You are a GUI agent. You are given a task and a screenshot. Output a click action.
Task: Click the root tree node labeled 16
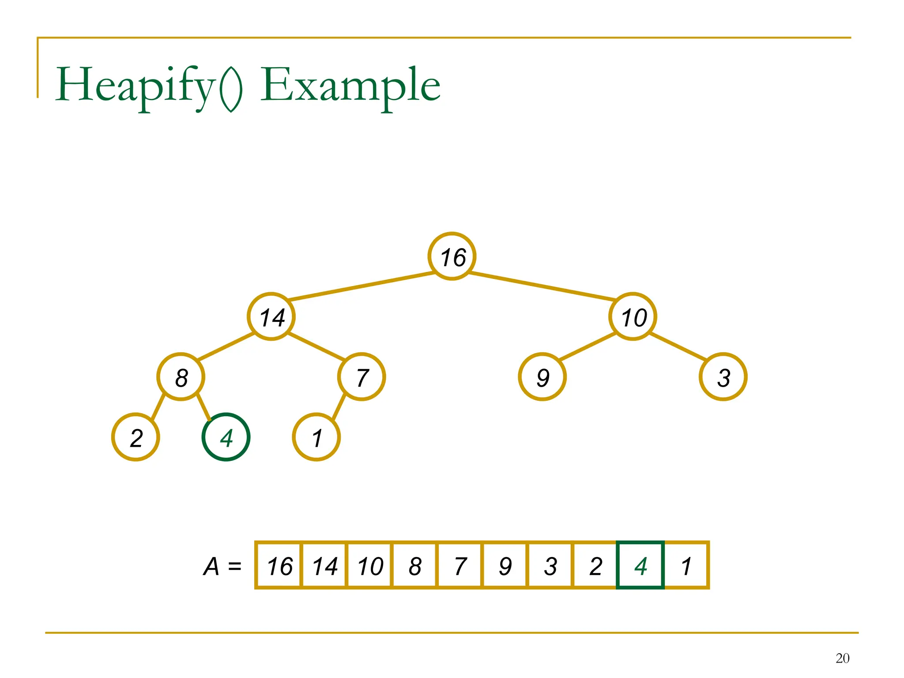(x=452, y=256)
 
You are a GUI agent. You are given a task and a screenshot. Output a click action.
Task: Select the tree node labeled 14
(x=271, y=316)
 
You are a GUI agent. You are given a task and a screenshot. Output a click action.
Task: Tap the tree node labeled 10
(x=633, y=316)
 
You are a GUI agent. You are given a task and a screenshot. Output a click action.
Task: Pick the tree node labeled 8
(x=181, y=377)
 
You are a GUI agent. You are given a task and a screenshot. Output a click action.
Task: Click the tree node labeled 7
(x=362, y=377)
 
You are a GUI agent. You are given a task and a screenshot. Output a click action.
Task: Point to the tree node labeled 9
(x=542, y=377)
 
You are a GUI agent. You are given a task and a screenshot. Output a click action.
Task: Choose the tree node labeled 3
(x=723, y=377)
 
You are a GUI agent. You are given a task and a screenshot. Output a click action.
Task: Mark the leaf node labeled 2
(x=136, y=437)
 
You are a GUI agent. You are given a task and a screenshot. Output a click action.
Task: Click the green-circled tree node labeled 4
(x=226, y=437)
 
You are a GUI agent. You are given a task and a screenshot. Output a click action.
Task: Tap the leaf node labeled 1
(x=316, y=437)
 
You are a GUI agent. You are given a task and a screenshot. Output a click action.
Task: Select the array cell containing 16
(x=279, y=565)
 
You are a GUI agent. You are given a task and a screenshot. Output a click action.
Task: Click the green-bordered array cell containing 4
(x=640, y=565)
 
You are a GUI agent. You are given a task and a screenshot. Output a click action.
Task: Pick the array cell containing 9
(x=505, y=565)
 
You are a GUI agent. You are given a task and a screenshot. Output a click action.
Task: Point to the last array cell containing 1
(x=686, y=565)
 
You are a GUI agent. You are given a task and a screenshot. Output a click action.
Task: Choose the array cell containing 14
(x=324, y=565)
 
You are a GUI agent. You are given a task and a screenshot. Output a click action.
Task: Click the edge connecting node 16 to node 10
(x=542, y=286)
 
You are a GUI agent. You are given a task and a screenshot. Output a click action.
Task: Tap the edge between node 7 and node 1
(x=339, y=407)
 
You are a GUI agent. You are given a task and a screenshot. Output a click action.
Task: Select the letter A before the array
(x=211, y=566)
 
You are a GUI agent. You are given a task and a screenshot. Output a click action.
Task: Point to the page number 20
(x=842, y=658)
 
